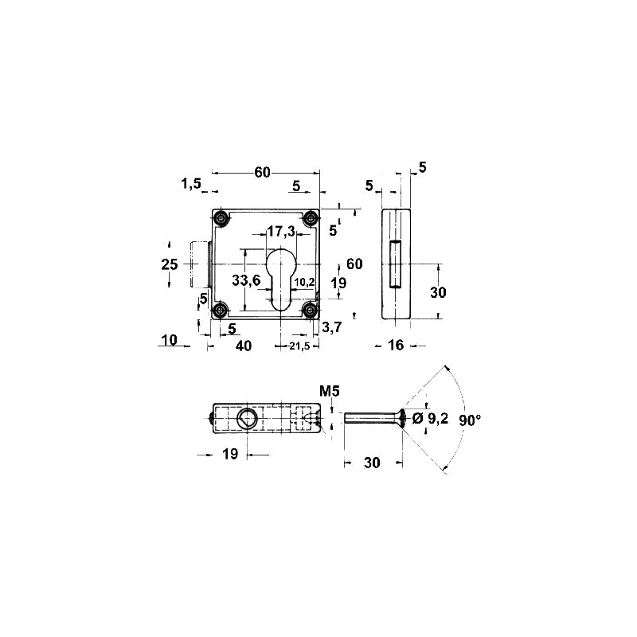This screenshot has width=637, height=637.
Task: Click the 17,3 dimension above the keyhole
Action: coord(281,232)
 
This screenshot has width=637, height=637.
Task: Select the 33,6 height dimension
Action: coord(246,280)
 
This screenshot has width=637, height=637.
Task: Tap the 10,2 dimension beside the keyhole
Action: coord(305,282)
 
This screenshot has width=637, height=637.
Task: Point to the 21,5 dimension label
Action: coord(300,346)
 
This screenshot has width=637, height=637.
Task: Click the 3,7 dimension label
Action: coord(332,326)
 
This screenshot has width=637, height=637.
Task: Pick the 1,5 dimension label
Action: coord(191,184)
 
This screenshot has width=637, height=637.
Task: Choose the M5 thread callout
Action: coord(329,391)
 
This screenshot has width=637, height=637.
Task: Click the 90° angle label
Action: coord(470,420)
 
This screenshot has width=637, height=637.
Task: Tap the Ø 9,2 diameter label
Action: coord(430,418)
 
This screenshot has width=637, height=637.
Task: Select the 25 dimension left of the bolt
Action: coord(170,264)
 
